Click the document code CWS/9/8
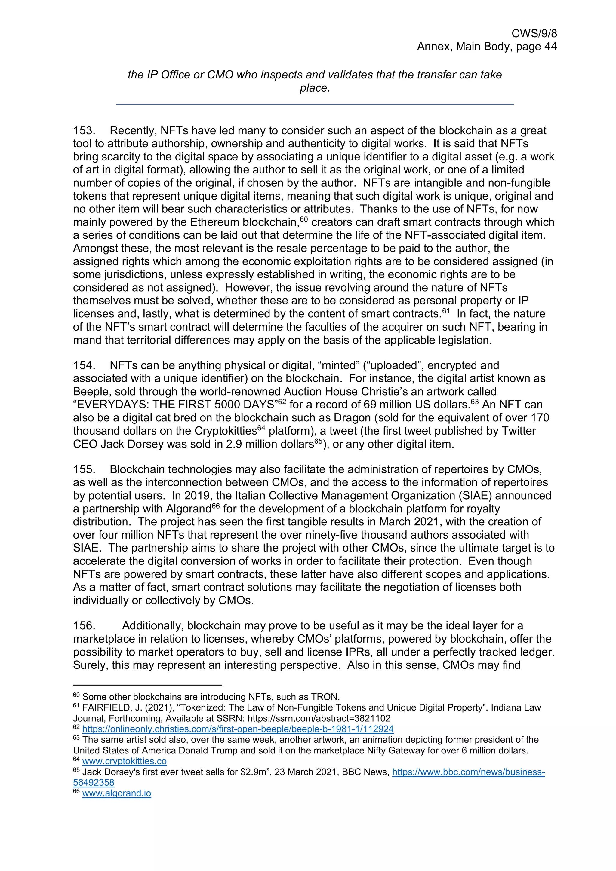[534, 33]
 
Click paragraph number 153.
[83, 131]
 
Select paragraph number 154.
[83, 366]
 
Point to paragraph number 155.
[83, 470]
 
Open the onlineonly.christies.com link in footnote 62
[238, 729]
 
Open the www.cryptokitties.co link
[124, 761]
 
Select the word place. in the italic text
[315, 88]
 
